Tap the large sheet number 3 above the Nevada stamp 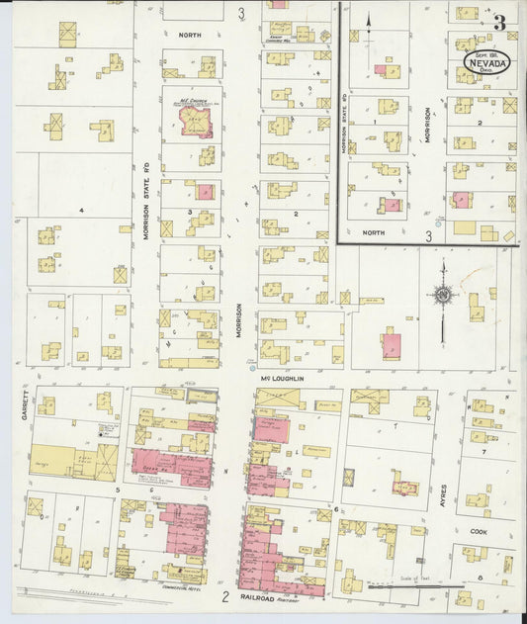click(499, 22)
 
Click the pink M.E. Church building click(194, 122)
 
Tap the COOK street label click(480, 531)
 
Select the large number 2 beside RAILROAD click(225, 596)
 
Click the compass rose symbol click(443, 295)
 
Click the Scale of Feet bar click(405, 585)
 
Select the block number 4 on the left click(83, 210)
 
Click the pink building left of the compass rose click(392, 346)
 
